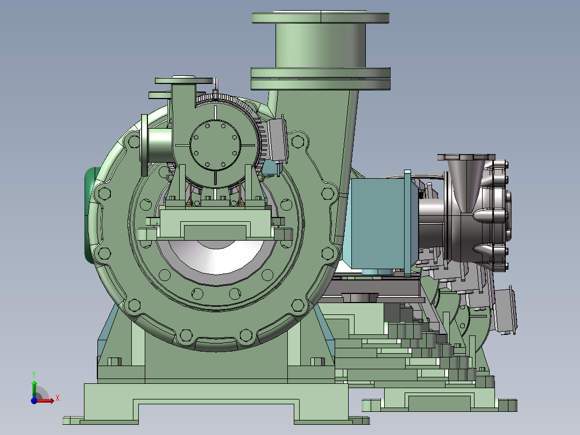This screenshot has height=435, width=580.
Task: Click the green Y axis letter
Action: click(34, 374)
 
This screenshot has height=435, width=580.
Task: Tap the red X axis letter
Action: click(58, 398)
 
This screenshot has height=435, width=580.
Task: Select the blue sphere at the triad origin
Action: click(34, 401)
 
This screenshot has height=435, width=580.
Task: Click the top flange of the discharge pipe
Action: click(321, 17)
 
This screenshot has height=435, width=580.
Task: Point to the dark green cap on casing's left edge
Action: click(90, 215)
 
